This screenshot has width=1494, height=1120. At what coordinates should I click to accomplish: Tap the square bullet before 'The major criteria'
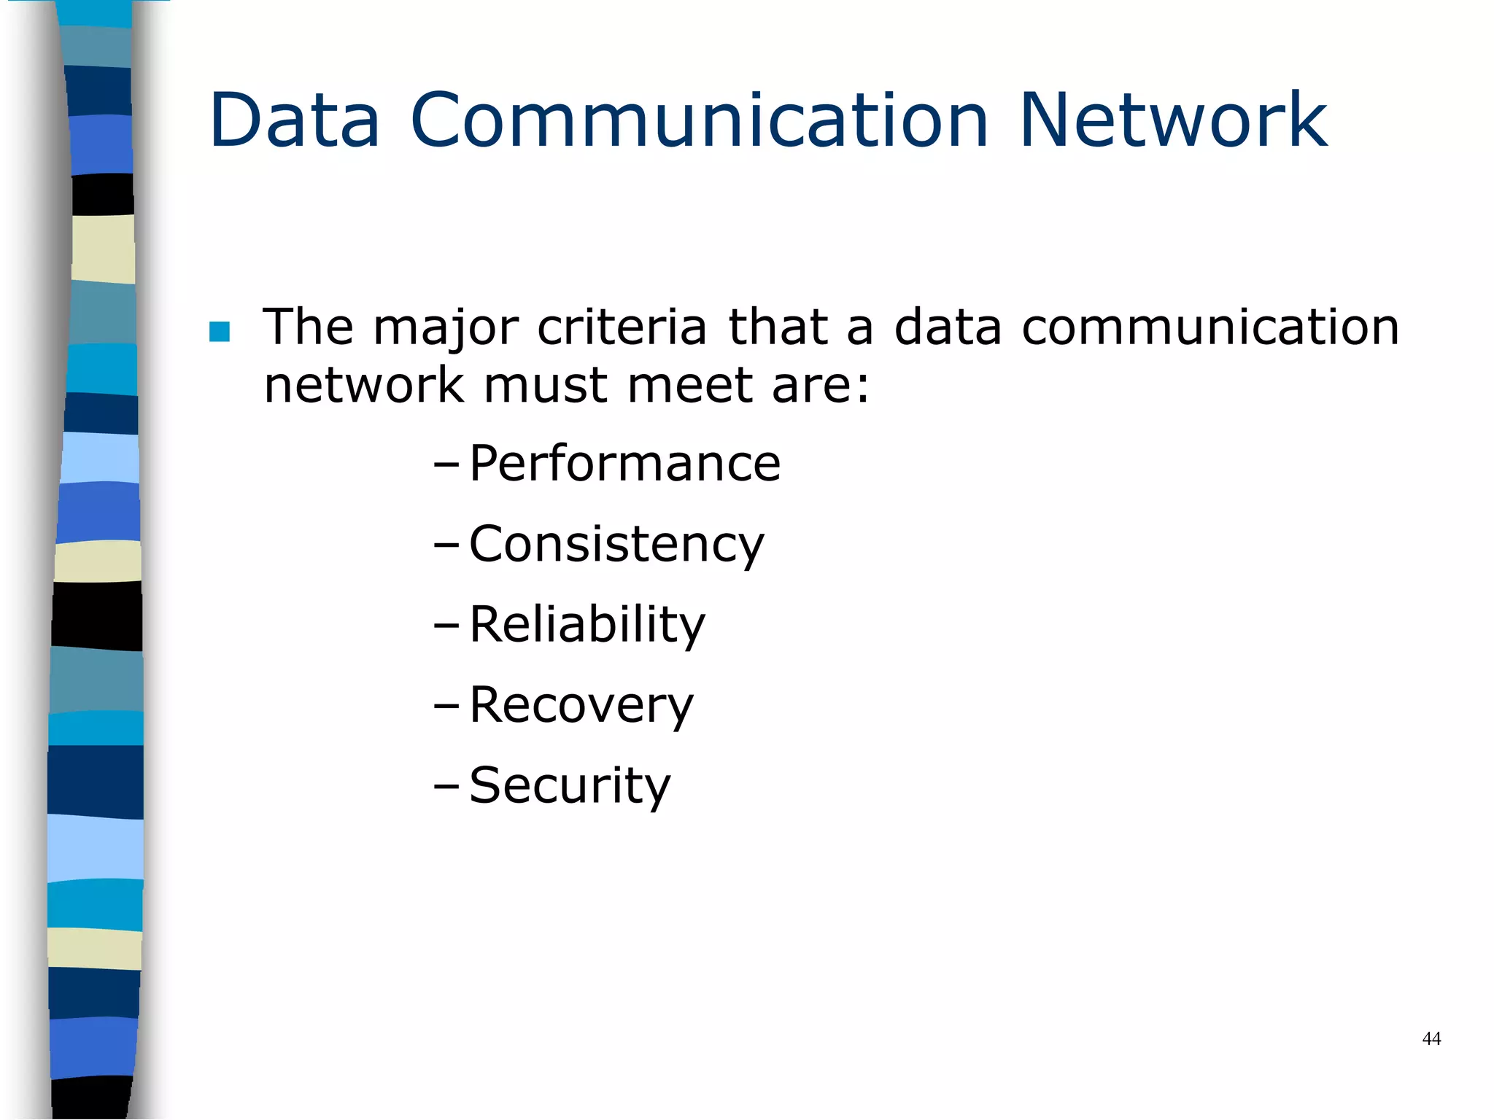219,332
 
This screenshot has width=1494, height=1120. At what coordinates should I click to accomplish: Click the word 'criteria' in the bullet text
622,327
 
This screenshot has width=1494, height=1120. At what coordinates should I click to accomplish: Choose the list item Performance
624,464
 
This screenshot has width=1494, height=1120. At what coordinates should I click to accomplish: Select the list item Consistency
616,545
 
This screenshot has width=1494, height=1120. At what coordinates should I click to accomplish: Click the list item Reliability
587,625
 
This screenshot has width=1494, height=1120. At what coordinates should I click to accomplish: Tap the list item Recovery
581,706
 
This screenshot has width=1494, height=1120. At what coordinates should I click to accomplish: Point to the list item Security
569,786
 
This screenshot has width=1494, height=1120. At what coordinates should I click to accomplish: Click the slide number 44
1431,1038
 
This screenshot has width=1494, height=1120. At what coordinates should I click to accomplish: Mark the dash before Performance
446,464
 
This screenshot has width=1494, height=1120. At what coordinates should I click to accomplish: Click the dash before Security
446,786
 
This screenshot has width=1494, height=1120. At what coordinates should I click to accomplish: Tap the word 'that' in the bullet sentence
778,327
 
